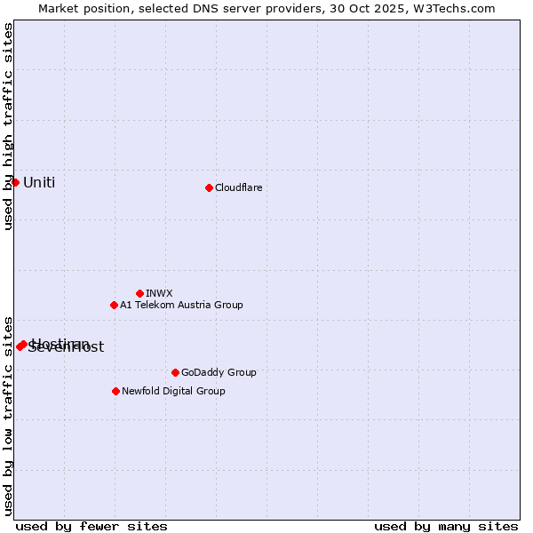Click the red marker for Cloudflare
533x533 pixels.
tap(209, 187)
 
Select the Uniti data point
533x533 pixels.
tap(15, 182)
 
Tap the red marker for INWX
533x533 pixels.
tap(139, 293)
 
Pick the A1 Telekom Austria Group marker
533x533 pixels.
tap(114, 305)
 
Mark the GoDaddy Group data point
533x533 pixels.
tap(175, 372)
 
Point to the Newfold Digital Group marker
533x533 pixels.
tap(115, 391)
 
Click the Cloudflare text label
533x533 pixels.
tap(238, 187)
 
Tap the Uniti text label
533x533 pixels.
tap(39, 183)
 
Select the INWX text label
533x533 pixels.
tap(159, 293)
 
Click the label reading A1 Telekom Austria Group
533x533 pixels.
tap(181, 305)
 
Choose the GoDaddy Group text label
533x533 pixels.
tap(219, 372)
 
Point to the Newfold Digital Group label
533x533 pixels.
tap(173, 391)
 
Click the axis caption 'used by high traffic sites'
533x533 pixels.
tap(8, 126)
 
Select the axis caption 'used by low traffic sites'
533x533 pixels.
tap(8, 415)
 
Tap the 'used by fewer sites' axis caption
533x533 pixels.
tap(91, 526)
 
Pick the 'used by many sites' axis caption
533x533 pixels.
tap(446, 526)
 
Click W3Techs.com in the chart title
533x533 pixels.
tap(458, 8)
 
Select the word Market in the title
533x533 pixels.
tap(59, 8)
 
